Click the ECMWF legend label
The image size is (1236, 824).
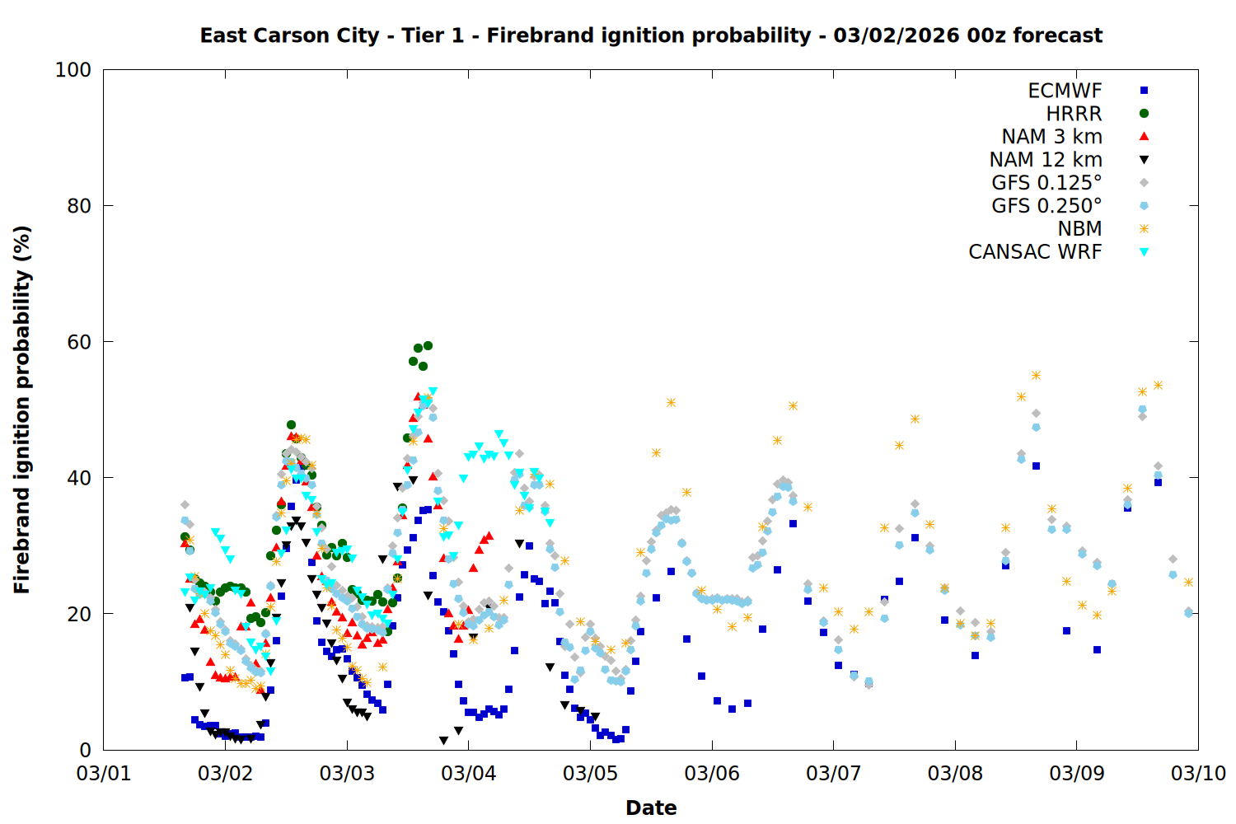click(x=1065, y=91)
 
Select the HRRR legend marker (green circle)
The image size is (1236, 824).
click(x=1144, y=114)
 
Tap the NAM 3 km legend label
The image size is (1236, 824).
click(x=1051, y=137)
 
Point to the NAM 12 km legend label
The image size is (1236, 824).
click(x=1046, y=160)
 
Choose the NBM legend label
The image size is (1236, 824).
click(x=1079, y=229)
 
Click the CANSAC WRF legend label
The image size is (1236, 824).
click(x=1035, y=252)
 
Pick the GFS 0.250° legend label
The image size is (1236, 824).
click(x=1046, y=206)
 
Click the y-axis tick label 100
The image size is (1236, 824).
click(x=73, y=70)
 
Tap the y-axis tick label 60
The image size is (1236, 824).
click(x=78, y=342)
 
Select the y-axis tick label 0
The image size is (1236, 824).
click(x=85, y=750)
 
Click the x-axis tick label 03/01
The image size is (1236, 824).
click(x=103, y=775)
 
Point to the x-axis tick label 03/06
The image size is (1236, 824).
click(x=712, y=775)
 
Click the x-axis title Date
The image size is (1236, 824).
click(x=651, y=808)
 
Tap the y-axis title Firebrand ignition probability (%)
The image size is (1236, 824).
click(x=21, y=410)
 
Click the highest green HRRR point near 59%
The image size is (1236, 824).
click(x=428, y=345)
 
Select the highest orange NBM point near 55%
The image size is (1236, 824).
click(x=1036, y=376)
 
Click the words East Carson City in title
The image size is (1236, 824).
click(x=289, y=35)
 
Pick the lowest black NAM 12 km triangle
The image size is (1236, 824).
click(x=443, y=740)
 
